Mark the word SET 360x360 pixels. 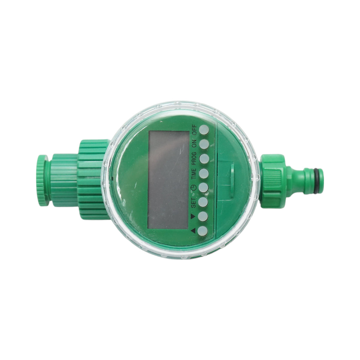(x=194, y=202)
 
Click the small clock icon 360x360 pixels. (x=194, y=188)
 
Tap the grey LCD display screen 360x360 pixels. (x=168, y=180)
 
